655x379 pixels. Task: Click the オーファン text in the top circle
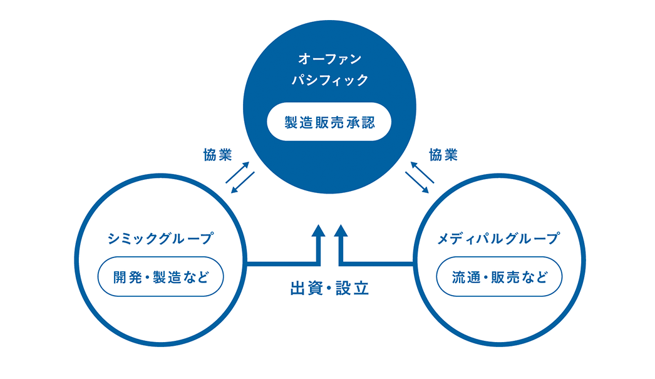(x=329, y=59)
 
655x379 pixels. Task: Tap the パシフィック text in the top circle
(x=329, y=80)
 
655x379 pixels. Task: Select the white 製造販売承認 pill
(x=329, y=122)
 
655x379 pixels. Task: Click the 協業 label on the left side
(x=217, y=155)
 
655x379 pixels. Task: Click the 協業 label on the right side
(x=443, y=155)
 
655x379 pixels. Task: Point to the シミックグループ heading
(x=160, y=238)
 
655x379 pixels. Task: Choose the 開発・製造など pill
(x=160, y=277)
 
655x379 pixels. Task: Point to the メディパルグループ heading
(x=498, y=238)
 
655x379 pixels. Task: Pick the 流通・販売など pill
(x=499, y=277)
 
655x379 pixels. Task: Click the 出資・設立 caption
(x=329, y=288)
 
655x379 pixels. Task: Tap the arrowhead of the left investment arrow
(x=318, y=231)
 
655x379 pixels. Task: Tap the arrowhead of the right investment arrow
(x=341, y=231)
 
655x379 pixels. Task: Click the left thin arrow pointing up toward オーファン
(x=237, y=172)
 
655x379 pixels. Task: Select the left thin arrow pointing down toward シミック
(x=243, y=182)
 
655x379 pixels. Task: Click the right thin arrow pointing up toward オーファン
(x=422, y=172)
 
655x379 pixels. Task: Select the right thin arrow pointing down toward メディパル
(x=417, y=182)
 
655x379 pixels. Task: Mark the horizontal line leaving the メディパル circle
(x=377, y=264)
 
